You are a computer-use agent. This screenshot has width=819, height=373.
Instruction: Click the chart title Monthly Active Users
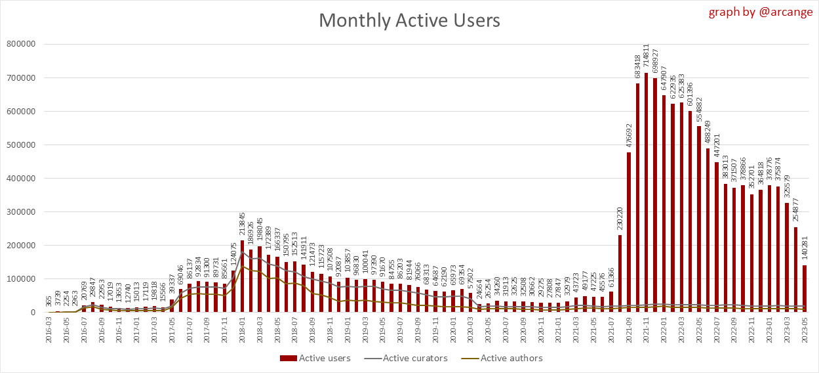click(x=409, y=20)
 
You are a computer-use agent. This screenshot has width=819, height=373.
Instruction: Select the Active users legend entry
click(x=316, y=358)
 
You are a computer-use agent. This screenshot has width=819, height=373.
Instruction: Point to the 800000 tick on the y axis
click(x=21, y=45)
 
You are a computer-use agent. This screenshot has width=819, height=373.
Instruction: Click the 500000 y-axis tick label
click(x=21, y=145)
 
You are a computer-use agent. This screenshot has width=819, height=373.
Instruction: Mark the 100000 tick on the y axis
click(x=21, y=279)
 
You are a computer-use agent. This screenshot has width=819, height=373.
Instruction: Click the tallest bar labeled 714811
click(x=647, y=192)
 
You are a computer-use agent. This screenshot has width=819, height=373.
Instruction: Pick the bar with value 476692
click(x=629, y=232)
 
